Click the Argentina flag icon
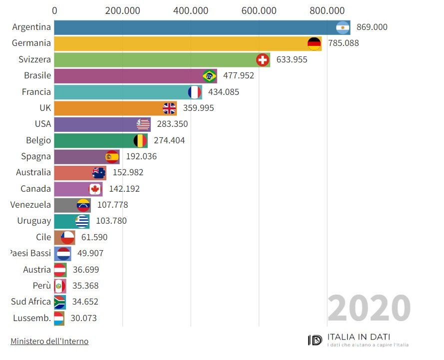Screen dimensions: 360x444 point(343,27)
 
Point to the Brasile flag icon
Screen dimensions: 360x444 point(209,76)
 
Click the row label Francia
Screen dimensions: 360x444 point(36,92)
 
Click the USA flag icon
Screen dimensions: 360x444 point(143,124)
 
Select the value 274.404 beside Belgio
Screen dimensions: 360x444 point(169,140)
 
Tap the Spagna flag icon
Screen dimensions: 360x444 point(112,156)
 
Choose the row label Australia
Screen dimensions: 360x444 point(33,172)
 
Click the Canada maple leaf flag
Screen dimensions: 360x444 point(95,189)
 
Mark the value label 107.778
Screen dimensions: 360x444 point(112,205)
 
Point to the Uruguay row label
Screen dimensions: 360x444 point(34,221)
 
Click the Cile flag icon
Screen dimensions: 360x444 point(67,237)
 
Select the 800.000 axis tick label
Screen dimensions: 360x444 point(327,10)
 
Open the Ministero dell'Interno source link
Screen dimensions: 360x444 point(49,342)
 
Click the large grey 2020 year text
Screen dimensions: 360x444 point(369,308)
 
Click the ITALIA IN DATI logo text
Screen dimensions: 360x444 point(359,337)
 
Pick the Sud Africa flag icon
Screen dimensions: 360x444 point(59,302)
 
